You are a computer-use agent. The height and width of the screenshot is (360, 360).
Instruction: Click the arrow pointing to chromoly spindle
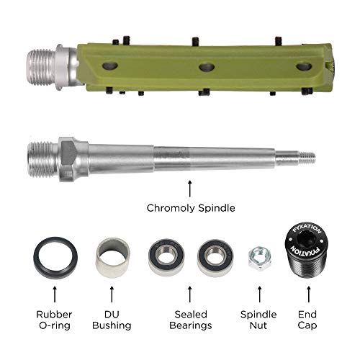coord(189,189)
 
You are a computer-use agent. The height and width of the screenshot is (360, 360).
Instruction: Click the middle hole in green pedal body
coord(207,66)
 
